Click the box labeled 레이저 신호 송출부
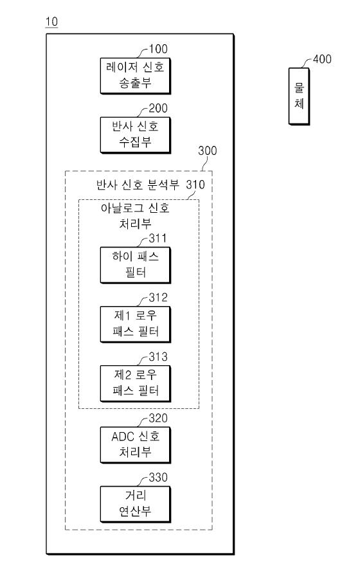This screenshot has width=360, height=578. click(136, 76)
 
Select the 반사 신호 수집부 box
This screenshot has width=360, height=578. click(136, 135)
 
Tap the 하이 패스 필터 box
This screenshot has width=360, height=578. click(136, 266)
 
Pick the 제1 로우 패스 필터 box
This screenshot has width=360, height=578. click(136, 325)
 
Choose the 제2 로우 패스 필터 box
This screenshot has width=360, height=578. click(136, 384)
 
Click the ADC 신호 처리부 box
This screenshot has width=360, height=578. click(136, 445)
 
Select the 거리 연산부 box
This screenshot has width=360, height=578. click(136, 504)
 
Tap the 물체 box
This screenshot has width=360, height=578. click(299, 96)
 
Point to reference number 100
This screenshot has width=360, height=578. click(158, 49)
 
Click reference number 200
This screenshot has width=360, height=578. click(158, 109)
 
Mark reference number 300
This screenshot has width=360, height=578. click(208, 150)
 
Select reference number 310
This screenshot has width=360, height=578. click(195, 185)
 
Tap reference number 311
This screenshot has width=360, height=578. click(158, 239)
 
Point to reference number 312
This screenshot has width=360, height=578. click(158, 298)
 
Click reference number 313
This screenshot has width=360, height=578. click(158, 357)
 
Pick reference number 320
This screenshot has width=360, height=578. click(158, 418)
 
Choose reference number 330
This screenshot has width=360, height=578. click(158, 477)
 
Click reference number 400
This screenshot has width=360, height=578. click(323, 59)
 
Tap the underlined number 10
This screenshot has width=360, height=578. click(51, 22)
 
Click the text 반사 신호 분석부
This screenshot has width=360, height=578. click(138, 185)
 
